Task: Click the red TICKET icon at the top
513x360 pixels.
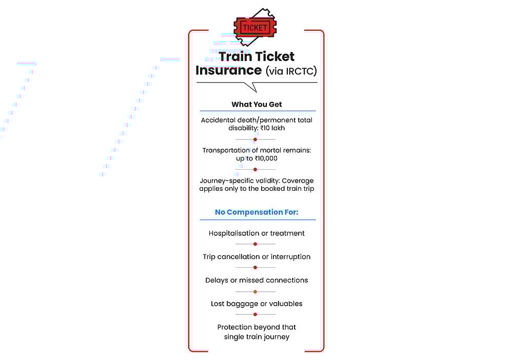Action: (255, 27)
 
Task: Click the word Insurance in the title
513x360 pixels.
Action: (229, 70)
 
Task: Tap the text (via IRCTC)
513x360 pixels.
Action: (291, 71)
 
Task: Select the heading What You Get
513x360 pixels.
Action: (256, 104)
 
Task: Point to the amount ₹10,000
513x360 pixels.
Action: (266, 158)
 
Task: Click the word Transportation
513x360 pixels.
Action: (226, 150)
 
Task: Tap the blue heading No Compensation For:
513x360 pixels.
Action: (256, 212)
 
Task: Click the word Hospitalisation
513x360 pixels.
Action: (233, 233)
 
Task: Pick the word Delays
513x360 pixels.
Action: (216, 281)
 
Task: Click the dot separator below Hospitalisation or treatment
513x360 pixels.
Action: (255, 244)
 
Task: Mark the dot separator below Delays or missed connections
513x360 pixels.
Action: (255, 292)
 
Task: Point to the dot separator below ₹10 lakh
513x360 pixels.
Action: (255, 139)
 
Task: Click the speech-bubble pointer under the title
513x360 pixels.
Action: (251, 87)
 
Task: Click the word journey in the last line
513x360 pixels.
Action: (277, 337)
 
